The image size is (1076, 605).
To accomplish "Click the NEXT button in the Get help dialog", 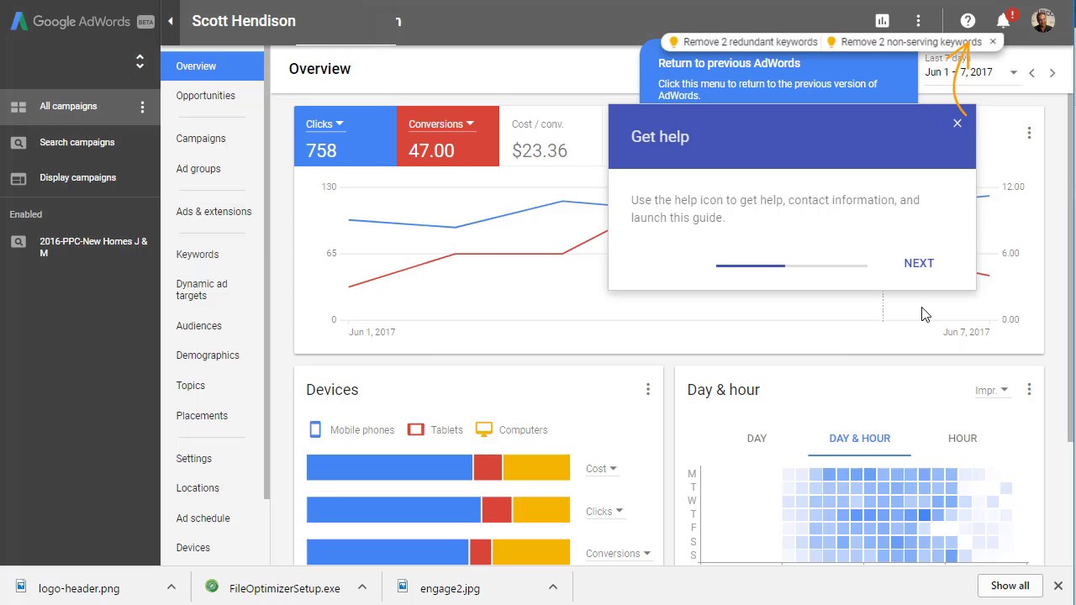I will coord(919,263).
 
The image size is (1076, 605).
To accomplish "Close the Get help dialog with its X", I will coord(957,124).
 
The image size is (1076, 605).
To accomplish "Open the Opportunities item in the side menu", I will coord(205,96).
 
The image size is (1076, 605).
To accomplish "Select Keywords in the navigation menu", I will coord(197,255).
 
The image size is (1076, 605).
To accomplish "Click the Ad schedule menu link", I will coord(203,518).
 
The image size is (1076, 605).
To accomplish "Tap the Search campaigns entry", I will coord(76,142).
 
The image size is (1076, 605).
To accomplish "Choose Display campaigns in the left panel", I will coord(77,177).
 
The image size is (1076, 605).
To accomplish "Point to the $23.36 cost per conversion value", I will coord(540,150).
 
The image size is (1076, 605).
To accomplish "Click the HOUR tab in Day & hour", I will coord(963,438).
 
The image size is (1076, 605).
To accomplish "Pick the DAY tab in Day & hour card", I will coord(757,438).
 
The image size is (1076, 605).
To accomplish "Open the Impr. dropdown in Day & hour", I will coord(991,390).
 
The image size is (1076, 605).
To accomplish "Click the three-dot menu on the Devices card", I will coord(647,389).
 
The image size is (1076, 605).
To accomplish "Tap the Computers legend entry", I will coord(512,429).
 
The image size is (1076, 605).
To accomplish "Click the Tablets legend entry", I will coord(435,429).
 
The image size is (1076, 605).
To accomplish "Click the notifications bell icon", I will coord(1003,21).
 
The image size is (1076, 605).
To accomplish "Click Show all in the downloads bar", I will coord(1010,586).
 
